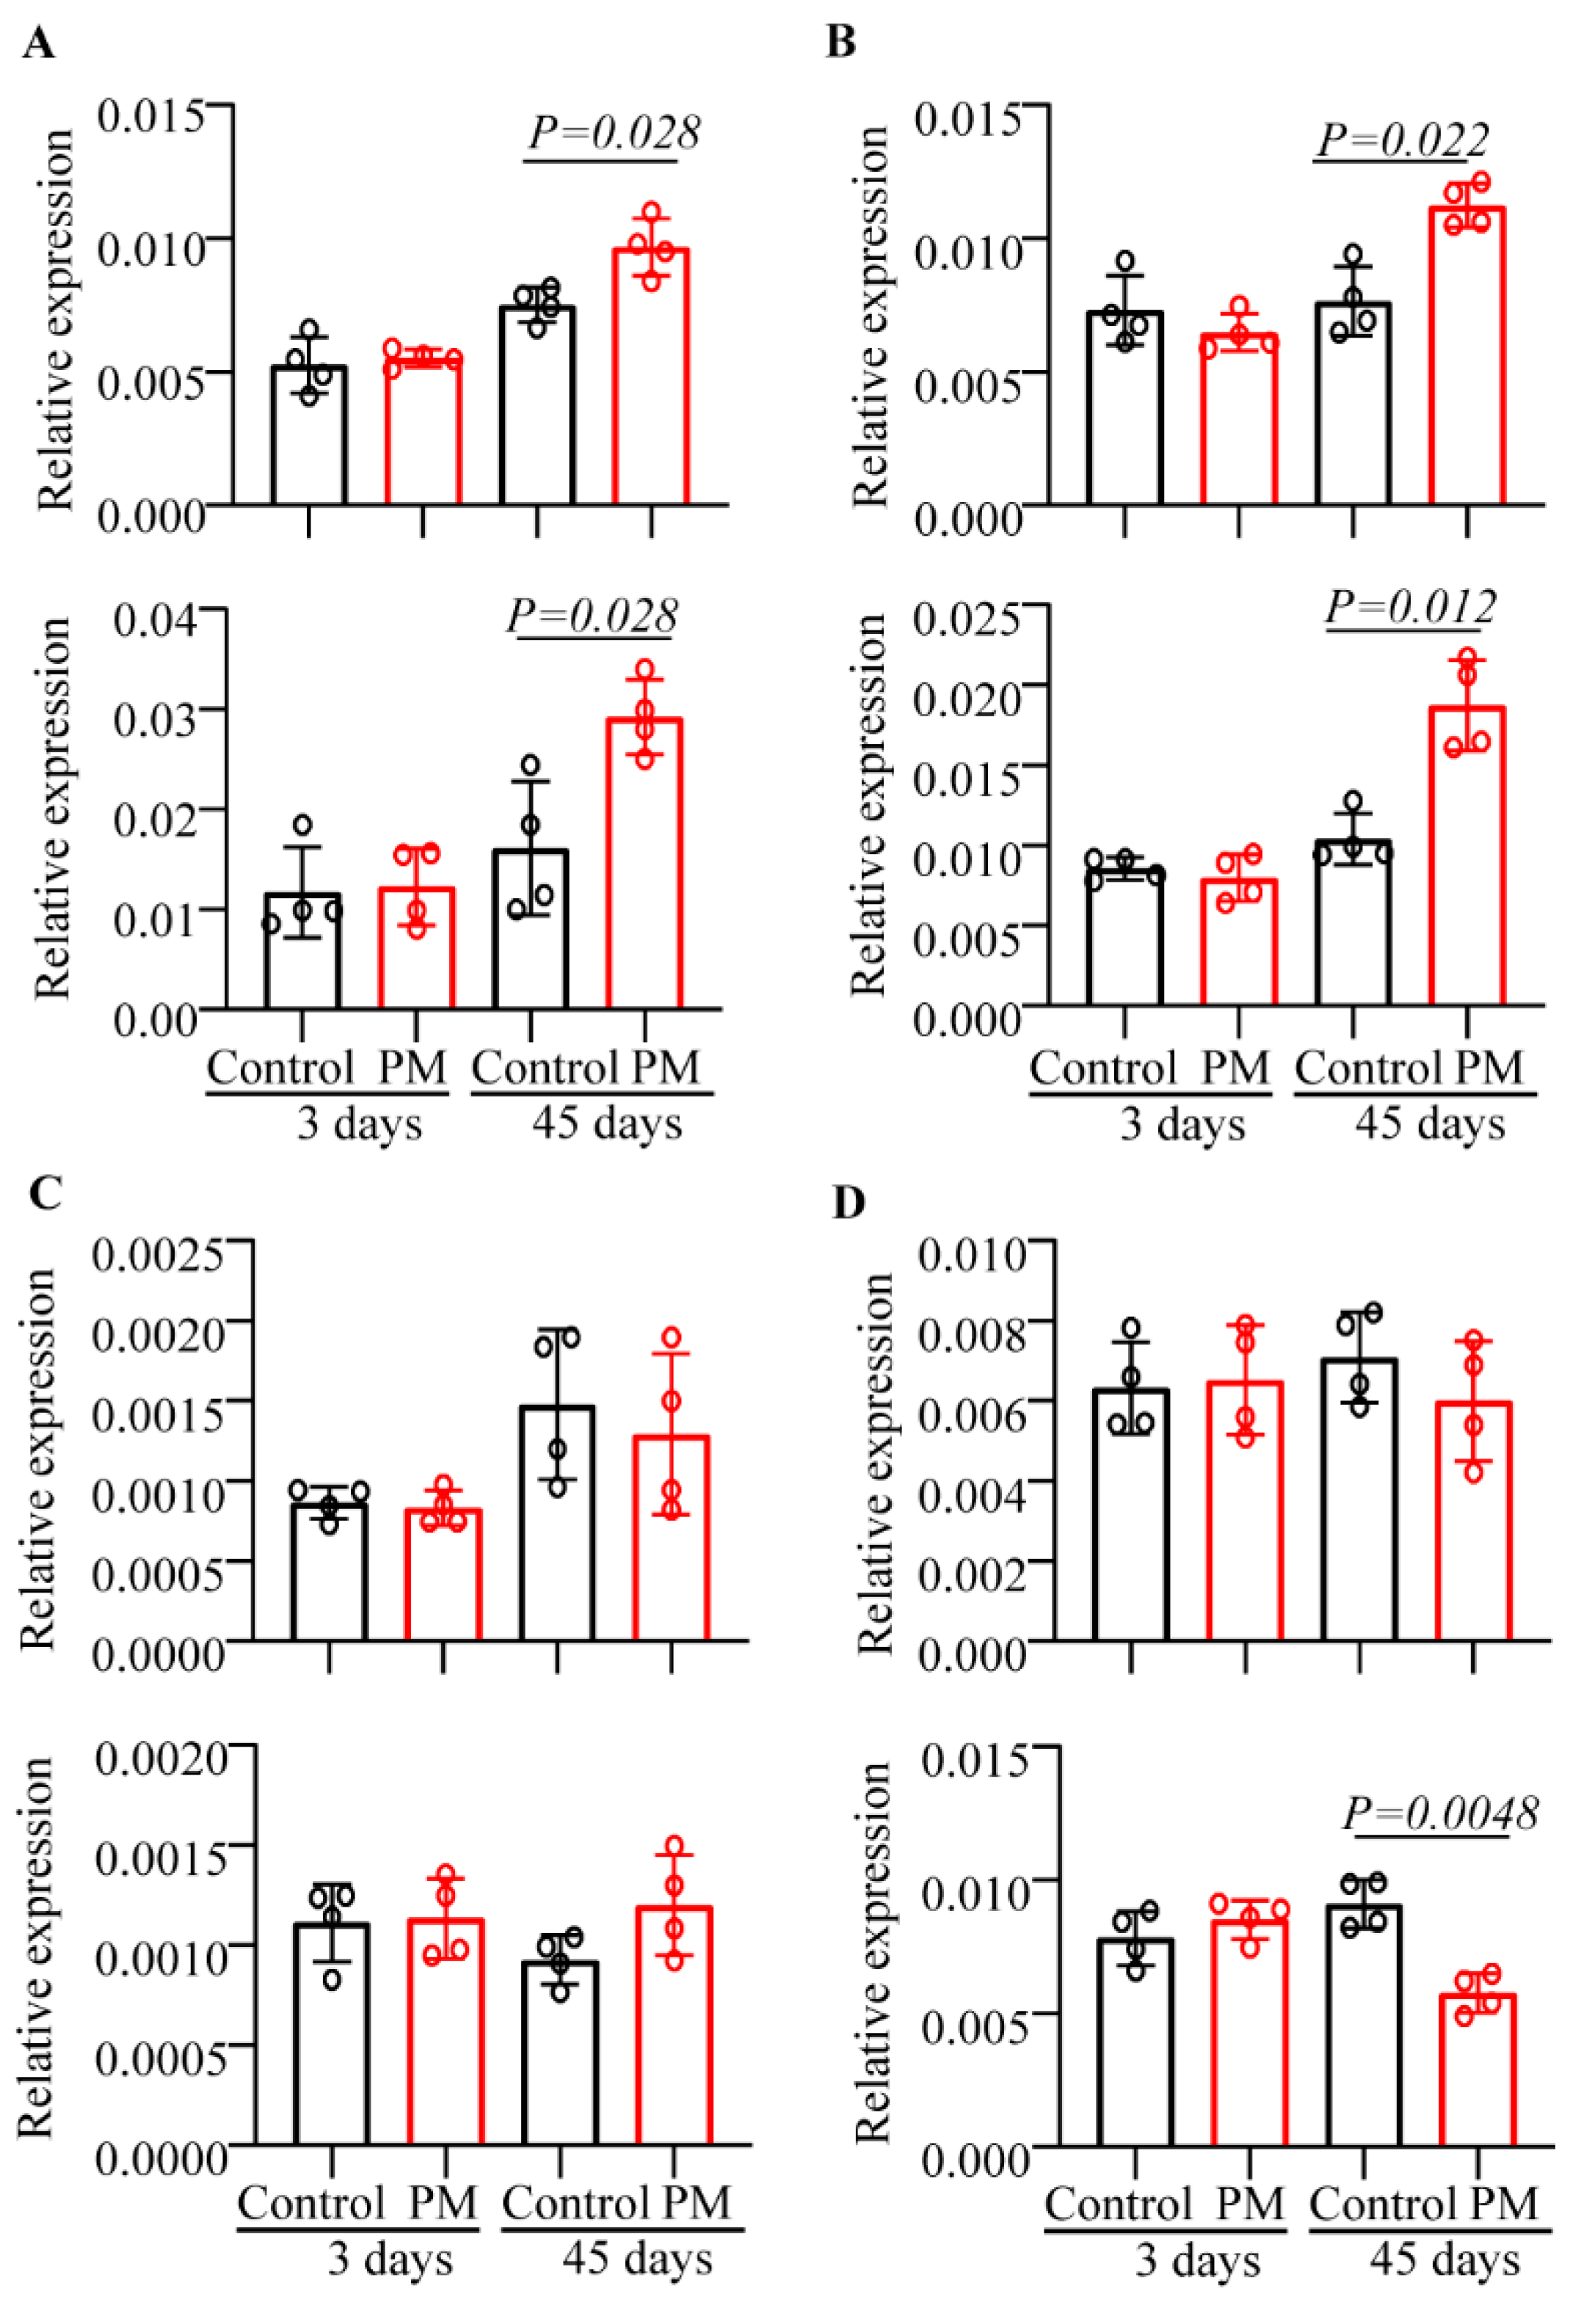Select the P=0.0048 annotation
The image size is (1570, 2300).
click(x=1440, y=1814)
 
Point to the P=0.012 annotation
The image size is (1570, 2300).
click(x=1411, y=605)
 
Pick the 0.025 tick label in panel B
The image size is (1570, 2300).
click(x=965, y=621)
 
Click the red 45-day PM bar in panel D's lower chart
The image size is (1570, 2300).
click(x=1477, y=2070)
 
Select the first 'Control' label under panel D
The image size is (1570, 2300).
click(x=1118, y=2204)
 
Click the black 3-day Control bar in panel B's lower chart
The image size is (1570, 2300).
click(x=1124, y=940)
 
